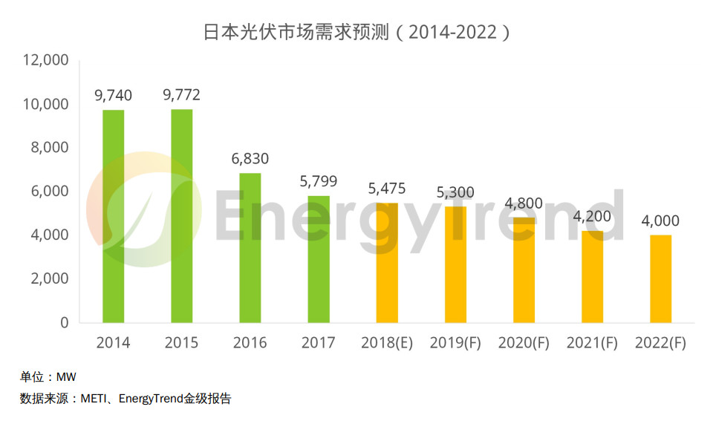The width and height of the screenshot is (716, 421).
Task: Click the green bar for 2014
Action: [x=113, y=216]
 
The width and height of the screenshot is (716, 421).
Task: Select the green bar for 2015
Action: [x=181, y=215]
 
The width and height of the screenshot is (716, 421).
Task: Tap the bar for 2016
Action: [x=250, y=248]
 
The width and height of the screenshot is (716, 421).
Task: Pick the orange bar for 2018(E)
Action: [x=387, y=263]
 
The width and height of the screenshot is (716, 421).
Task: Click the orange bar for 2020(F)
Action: [x=524, y=270]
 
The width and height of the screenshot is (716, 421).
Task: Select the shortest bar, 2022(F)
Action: [x=660, y=278]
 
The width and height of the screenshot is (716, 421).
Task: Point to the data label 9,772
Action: [x=181, y=95]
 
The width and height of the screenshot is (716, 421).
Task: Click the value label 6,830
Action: [x=250, y=159]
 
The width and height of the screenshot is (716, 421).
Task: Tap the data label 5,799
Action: [x=319, y=181]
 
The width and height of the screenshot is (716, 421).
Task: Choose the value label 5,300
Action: [x=455, y=192]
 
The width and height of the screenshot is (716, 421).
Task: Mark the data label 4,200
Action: [x=592, y=217]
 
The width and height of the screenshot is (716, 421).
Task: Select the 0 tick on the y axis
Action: [x=64, y=323]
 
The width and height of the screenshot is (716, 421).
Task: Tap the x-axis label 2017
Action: [x=319, y=343]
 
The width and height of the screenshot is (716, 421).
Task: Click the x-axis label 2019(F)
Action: [x=455, y=343]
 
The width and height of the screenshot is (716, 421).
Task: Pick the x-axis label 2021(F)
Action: [x=592, y=343]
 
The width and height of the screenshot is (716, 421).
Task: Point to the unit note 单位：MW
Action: [x=48, y=377]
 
